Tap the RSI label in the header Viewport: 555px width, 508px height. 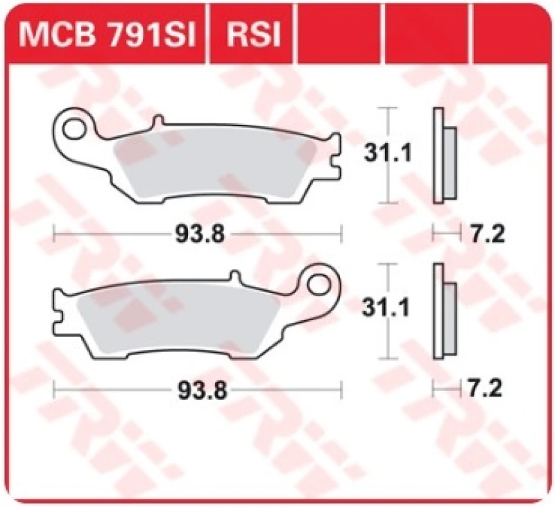click(252, 34)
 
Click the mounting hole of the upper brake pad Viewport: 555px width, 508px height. click(71, 129)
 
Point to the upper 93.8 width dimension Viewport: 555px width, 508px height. click(198, 234)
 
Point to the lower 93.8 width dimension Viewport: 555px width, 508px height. click(198, 390)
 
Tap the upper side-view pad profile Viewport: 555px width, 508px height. click(442, 156)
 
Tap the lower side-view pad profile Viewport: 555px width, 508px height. click(442, 312)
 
